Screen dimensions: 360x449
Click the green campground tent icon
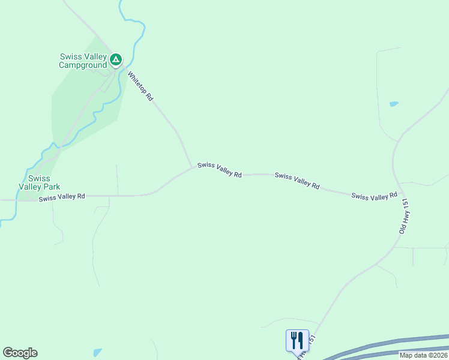[x=116, y=59]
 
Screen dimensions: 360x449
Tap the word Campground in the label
[x=83, y=65]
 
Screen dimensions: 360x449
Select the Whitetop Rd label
[x=140, y=86]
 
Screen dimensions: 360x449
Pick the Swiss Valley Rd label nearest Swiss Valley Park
[x=62, y=197]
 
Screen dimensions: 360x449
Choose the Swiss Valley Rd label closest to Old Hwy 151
[x=375, y=196]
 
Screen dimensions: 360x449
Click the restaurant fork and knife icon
[x=297, y=340]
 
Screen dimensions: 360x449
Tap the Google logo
[x=20, y=353]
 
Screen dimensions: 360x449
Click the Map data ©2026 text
[x=424, y=355]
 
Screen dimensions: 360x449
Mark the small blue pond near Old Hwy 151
[x=394, y=104]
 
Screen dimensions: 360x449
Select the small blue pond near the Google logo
[x=97, y=352]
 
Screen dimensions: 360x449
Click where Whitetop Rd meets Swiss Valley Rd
[x=192, y=167]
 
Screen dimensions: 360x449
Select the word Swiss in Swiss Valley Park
[x=39, y=178]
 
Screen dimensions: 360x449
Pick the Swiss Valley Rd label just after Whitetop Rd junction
[x=220, y=170]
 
